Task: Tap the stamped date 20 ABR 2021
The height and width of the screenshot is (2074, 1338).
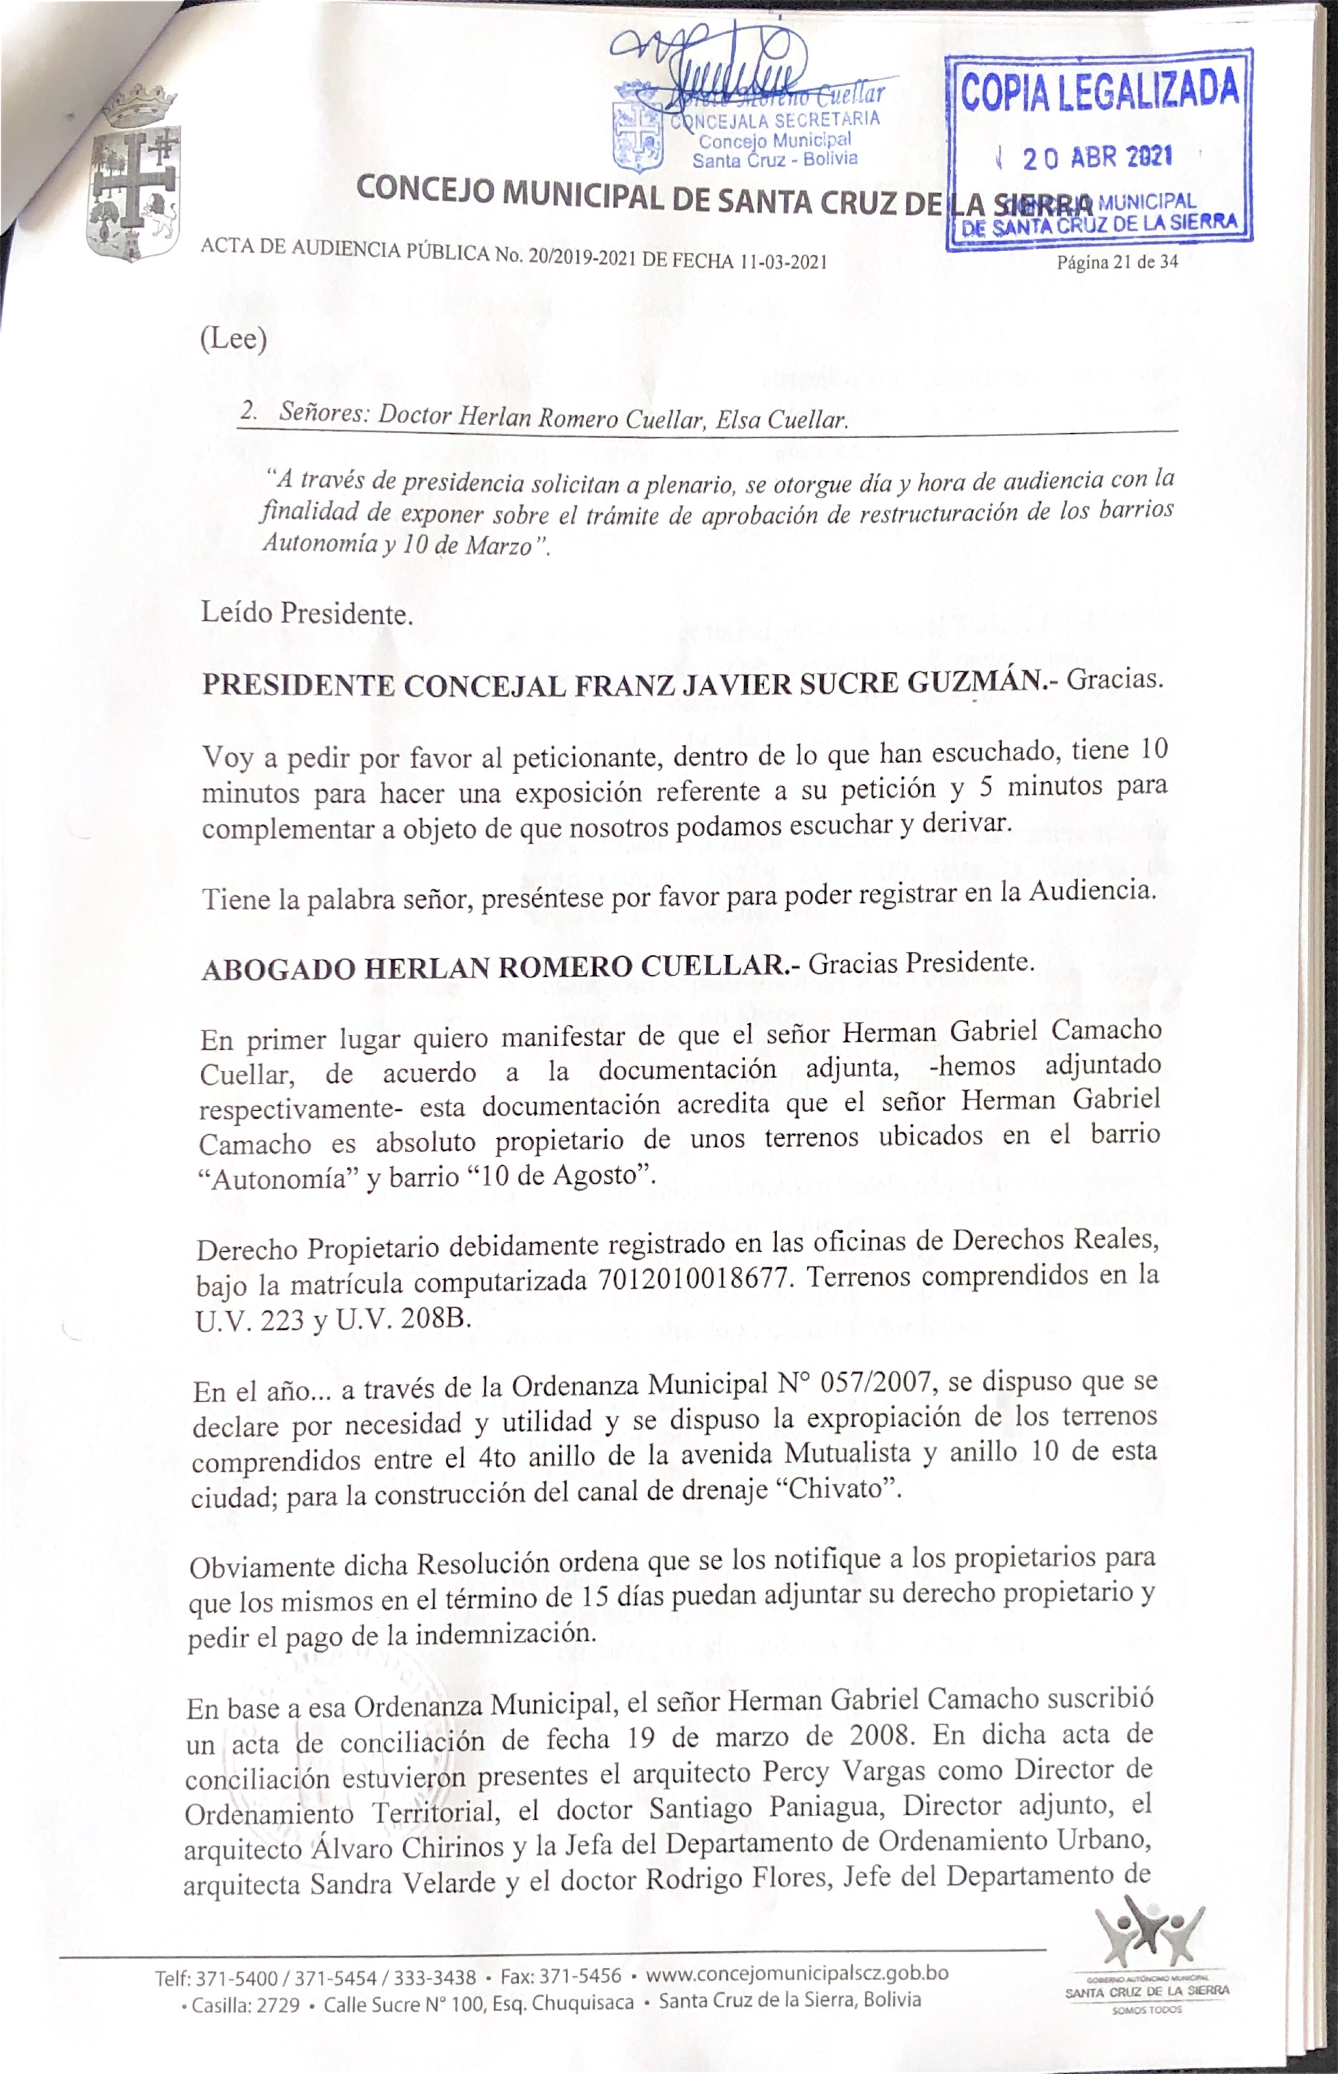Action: pos(1097,158)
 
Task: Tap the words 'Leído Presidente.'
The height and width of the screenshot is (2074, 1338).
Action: pos(306,614)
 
